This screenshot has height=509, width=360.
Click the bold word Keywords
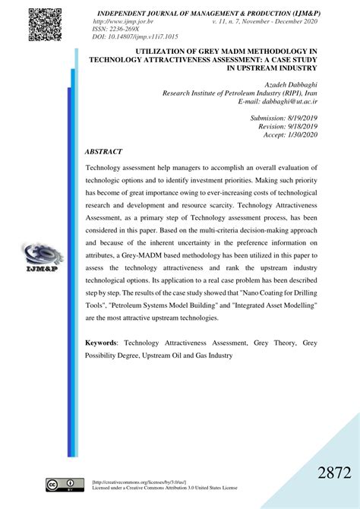point(101,343)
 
